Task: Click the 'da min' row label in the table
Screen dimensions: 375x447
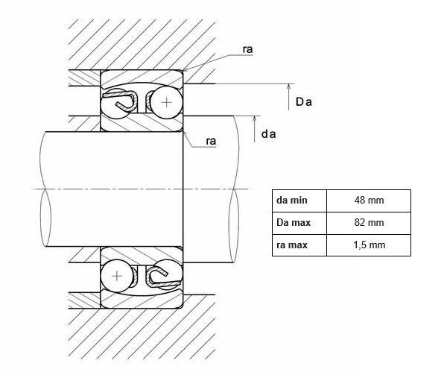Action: click(x=291, y=201)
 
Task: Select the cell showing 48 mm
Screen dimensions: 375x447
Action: click(x=370, y=201)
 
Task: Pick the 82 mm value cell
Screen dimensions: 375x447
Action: click(x=370, y=222)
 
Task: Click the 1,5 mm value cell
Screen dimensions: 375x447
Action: click(x=370, y=245)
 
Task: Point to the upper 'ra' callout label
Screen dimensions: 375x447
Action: click(x=247, y=50)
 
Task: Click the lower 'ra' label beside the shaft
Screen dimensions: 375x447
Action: click(x=212, y=141)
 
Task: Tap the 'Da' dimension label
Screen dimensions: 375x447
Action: click(x=303, y=102)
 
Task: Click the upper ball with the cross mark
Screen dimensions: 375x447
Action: click(x=165, y=101)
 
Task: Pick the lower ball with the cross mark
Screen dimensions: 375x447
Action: click(x=117, y=276)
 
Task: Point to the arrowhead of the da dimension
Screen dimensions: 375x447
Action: click(x=255, y=120)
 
